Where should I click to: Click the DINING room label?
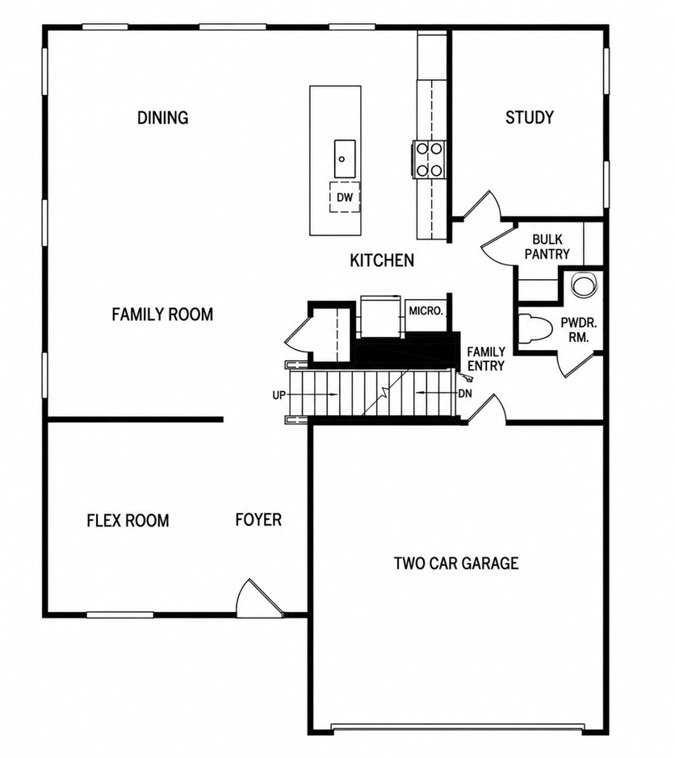[x=162, y=118]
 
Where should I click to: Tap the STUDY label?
[x=530, y=118]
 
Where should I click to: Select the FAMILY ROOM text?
[x=162, y=314]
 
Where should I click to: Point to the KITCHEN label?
[x=382, y=260]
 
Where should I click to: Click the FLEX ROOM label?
[x=128, y=521]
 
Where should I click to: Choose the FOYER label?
[x=258, y=519]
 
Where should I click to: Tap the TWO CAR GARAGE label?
[x=456, y=563]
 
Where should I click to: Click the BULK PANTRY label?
[x=547, y=247]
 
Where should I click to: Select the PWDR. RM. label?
[x=579, y=330]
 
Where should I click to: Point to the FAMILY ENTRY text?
[x=486, y=359]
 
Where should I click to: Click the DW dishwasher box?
[x=345, y=198]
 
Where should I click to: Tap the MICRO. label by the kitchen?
[x=426, y=310]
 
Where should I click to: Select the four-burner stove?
[x=428, y=159]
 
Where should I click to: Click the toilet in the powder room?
[x=535, y=329]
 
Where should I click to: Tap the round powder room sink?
[x=583, y=285]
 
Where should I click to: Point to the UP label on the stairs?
[x=279, y=395]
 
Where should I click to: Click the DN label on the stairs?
[x=465, y=394]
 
